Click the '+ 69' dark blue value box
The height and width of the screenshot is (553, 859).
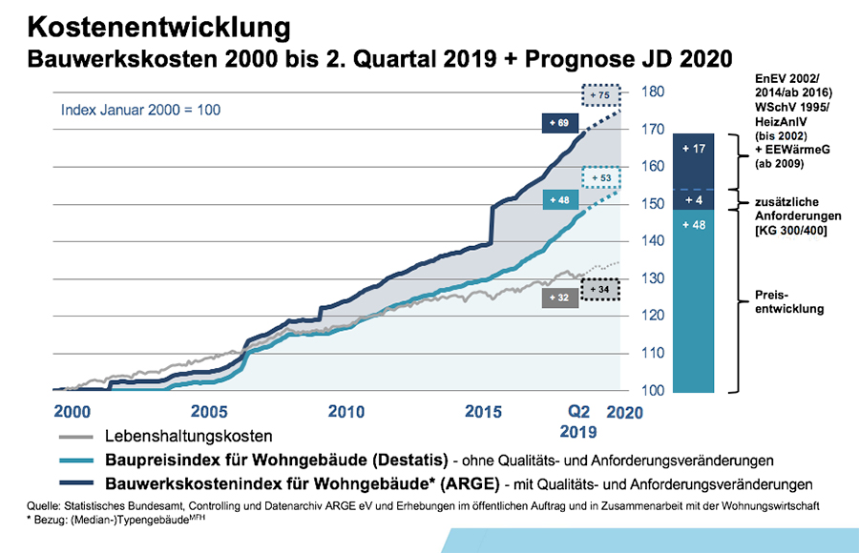tap(561, 123)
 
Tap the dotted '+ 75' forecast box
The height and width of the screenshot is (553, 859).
tap(601, 95)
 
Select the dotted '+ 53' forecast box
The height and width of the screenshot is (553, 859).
tap(601, 177)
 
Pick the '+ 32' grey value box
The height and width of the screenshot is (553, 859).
tap(561, 297)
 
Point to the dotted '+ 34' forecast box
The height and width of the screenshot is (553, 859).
tap(601, 288)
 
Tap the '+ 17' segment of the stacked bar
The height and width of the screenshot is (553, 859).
tap(694, 149)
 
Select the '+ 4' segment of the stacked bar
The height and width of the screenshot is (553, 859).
tap(694, 200)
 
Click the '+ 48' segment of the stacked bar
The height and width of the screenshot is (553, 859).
tap(694, 225)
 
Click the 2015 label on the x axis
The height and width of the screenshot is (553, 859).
tap(483, 413)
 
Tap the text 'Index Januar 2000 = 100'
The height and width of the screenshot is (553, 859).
tap(140, 110)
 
